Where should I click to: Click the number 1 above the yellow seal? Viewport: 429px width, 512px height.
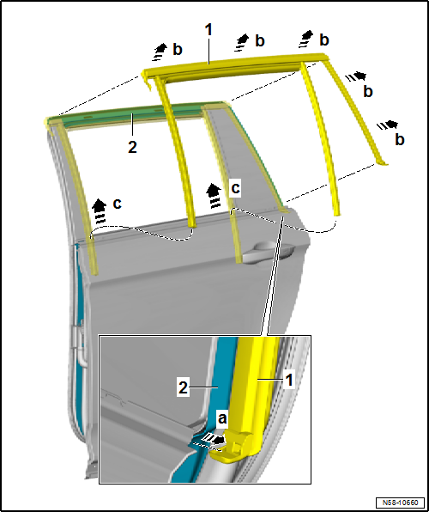pos(208,30)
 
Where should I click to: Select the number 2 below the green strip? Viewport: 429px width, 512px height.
pos(132,147)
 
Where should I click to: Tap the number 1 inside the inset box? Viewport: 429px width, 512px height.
pos(288,380)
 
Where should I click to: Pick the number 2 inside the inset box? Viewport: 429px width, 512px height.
pos(184,388)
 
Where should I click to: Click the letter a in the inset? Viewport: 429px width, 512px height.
pos(222,418)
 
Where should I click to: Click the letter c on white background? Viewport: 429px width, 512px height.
pos(235,188)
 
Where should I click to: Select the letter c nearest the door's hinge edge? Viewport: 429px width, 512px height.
pos(118,204)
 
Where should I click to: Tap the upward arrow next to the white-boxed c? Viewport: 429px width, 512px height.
pos(214,195)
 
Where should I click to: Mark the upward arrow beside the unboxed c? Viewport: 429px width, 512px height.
pos(100,211)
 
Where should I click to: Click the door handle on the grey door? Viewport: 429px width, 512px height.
pos(268,251)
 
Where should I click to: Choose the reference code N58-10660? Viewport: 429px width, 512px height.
pos(401,502)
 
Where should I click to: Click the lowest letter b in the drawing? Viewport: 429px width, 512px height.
pos(399,139)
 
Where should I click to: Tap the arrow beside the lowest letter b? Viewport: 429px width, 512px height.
pos(388,125)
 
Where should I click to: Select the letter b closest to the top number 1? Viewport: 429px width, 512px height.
pos(260,41)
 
